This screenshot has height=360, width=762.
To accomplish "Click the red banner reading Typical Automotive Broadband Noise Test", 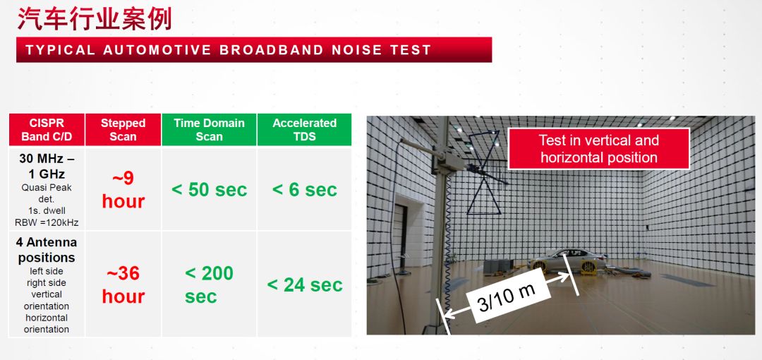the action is point(254,49).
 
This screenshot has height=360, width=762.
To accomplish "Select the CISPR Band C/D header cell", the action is point(47,129).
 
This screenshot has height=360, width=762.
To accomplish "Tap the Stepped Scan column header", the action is point(123,129).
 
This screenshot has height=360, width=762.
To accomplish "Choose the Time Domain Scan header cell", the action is point(209,129).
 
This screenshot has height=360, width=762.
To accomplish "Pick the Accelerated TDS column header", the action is point(304,129).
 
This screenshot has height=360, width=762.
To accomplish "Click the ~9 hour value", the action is point(123,189).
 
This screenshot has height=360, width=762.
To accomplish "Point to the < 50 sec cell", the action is point(209,190).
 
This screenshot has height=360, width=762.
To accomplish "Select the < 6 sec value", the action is point(304,190).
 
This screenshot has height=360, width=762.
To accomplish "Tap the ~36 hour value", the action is point(123,284).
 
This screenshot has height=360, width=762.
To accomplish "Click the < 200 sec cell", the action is point(209,284).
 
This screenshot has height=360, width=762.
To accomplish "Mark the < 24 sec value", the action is point(305,285).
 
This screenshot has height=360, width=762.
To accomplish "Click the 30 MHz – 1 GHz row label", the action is point(47,166).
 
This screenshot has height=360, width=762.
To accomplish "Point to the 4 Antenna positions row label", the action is point(47,250).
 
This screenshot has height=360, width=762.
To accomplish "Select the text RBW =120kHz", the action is point(47,223).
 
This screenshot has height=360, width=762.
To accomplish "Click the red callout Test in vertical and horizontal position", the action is point(599,149).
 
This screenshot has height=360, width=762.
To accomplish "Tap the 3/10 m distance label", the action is point(507,297).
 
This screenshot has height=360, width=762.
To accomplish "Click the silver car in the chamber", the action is point(567,260).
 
